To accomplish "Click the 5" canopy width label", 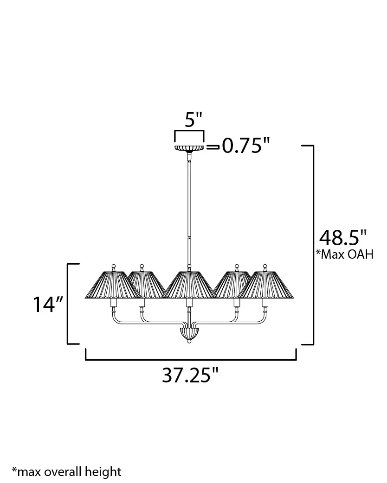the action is pos(193,120).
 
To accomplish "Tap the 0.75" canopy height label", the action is pos(246,146).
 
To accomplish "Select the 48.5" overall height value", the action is pos(343,237).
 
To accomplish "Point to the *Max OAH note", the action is pos(344,254).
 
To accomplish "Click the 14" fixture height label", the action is pos(48,305).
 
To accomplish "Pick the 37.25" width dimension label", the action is pos(190,375).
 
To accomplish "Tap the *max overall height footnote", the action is pos(67,471).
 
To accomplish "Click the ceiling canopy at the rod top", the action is pos(189,148).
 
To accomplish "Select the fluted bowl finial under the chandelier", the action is pos(189,335).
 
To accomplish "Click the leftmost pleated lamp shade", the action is pos(113,285).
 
